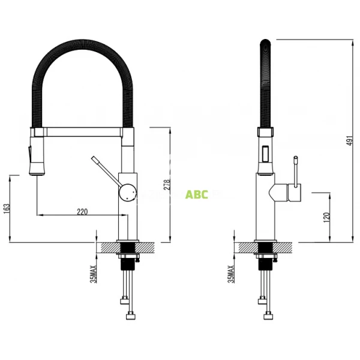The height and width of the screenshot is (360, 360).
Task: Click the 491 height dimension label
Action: [x=350, y=140]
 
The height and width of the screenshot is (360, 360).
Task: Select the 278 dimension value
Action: [x=167, y=185]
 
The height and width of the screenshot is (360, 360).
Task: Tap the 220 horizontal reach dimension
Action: [x=82, y=211]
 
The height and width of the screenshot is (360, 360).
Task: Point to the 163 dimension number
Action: [x=7, y=209]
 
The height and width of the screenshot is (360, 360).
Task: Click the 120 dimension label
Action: [x=326, y=217]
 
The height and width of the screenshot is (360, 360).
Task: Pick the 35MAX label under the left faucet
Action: [x=93, y=274]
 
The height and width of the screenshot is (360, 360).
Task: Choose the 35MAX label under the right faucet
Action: [x=231, y=274]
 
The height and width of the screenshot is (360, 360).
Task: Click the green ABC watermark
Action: [x=197, y=194]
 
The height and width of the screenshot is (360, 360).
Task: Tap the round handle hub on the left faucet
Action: [x=128, y=193]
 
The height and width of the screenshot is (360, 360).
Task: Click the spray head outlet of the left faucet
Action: [x=37, y=175]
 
